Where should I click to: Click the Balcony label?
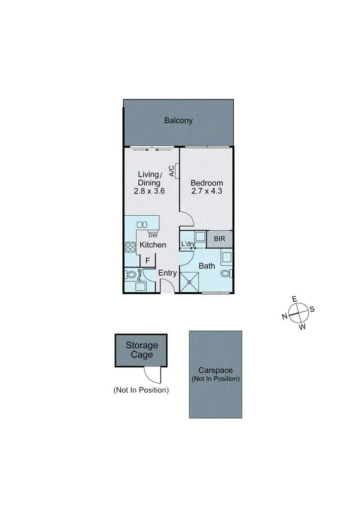click(178, 120)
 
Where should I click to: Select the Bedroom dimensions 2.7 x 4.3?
click(207, 190)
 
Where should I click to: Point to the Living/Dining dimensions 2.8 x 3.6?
click(149, 190)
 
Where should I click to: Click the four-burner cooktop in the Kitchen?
click(131, 247)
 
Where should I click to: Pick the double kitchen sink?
click(143, 225)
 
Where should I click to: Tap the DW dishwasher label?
click(153, 235)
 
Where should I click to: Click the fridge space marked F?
click(147, 260)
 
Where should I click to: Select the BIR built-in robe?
click(219, 239)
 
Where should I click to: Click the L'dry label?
click(187, 244)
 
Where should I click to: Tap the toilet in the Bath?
click(226, 273)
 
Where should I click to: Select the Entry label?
click(168, 273)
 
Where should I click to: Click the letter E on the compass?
click(294, 299)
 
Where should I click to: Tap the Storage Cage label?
click(142, 350)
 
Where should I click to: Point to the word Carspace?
click(215, 370)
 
